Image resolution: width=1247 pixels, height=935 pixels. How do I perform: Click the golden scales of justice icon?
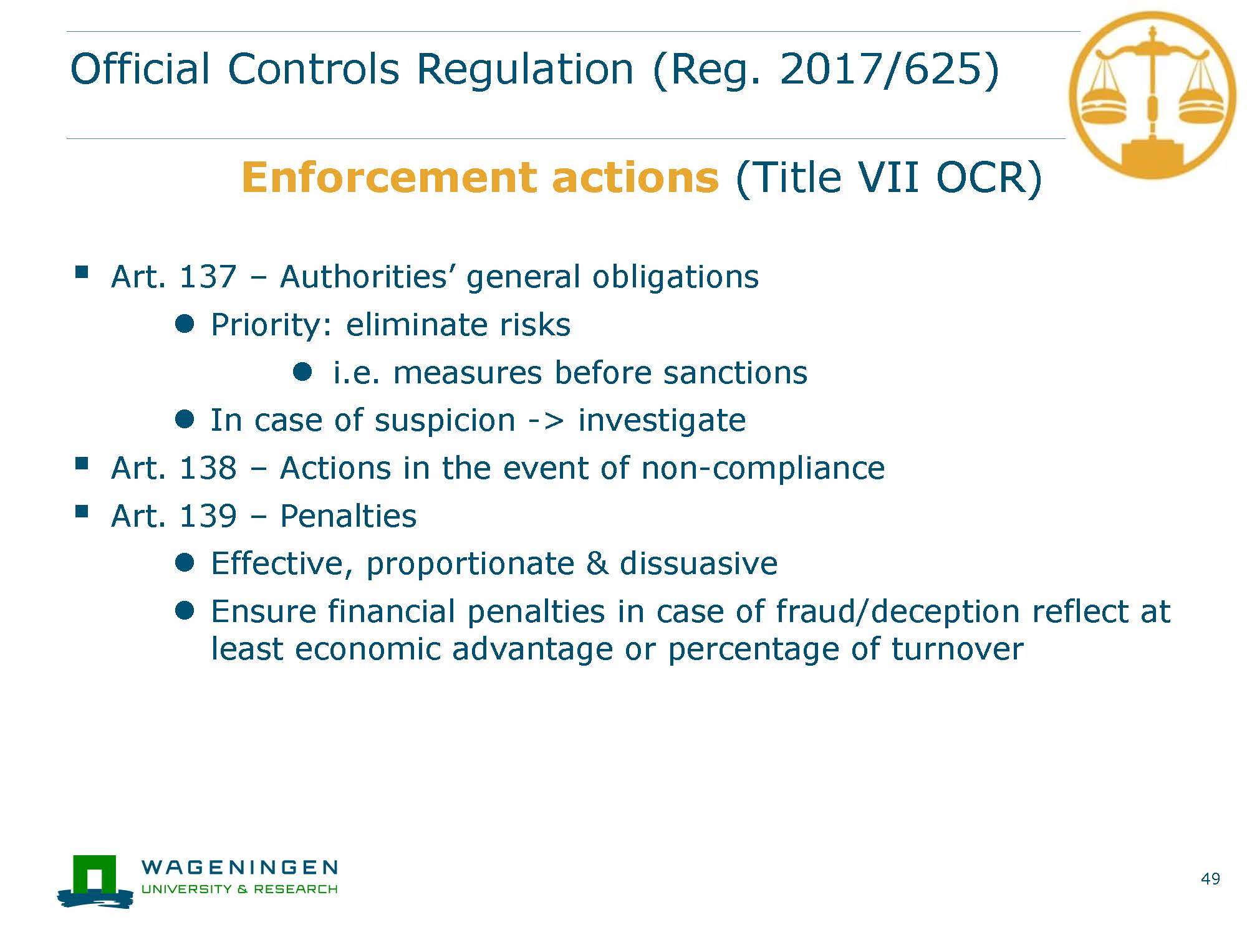coord(1152,95)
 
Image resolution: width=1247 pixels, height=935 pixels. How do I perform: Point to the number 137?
coord(208,277)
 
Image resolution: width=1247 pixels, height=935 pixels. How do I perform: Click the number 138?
coord(208,468)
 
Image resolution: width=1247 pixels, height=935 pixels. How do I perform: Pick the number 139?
coord(208,516)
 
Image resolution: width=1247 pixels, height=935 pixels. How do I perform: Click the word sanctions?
coord(735,373)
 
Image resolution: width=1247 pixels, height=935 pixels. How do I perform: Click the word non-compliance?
coord(763,469)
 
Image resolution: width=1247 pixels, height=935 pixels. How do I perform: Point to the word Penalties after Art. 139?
coord(348,516)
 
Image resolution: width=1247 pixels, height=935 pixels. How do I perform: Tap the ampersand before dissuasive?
coord(597,563)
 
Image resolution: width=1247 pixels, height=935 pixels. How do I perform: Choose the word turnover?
coord(957,649)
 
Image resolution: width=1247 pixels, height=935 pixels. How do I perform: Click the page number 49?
coord(1210,879)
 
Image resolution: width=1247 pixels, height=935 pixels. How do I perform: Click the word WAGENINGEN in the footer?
coord(239,867)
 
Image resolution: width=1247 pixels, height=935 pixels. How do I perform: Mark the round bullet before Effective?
coord(185,563)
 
